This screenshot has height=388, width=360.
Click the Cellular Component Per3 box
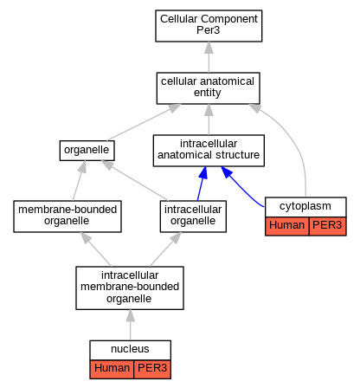(209, 26)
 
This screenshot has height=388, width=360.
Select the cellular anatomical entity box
(208, 88)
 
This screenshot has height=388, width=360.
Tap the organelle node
(87, 151)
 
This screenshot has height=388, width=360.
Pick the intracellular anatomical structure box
(209, 151)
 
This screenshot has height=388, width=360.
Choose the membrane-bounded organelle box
(67, 217)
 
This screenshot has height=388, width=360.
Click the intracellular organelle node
(193, 217)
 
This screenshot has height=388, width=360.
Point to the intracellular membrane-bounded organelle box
(130, 288)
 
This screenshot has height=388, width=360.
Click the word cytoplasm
(305, 206)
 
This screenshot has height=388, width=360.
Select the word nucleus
(130, 349)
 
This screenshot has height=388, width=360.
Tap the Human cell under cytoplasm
(286, 226)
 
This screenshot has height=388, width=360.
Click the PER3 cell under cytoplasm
(327, 226)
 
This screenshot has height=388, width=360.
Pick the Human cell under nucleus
(112, 369)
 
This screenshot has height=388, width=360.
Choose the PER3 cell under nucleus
(152, 369)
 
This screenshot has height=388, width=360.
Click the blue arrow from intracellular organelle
(202, 184)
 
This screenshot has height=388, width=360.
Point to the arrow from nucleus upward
(130, 325)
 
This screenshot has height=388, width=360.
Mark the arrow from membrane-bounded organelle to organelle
(78, 181)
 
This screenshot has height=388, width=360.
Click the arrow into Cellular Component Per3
(209, 57)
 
